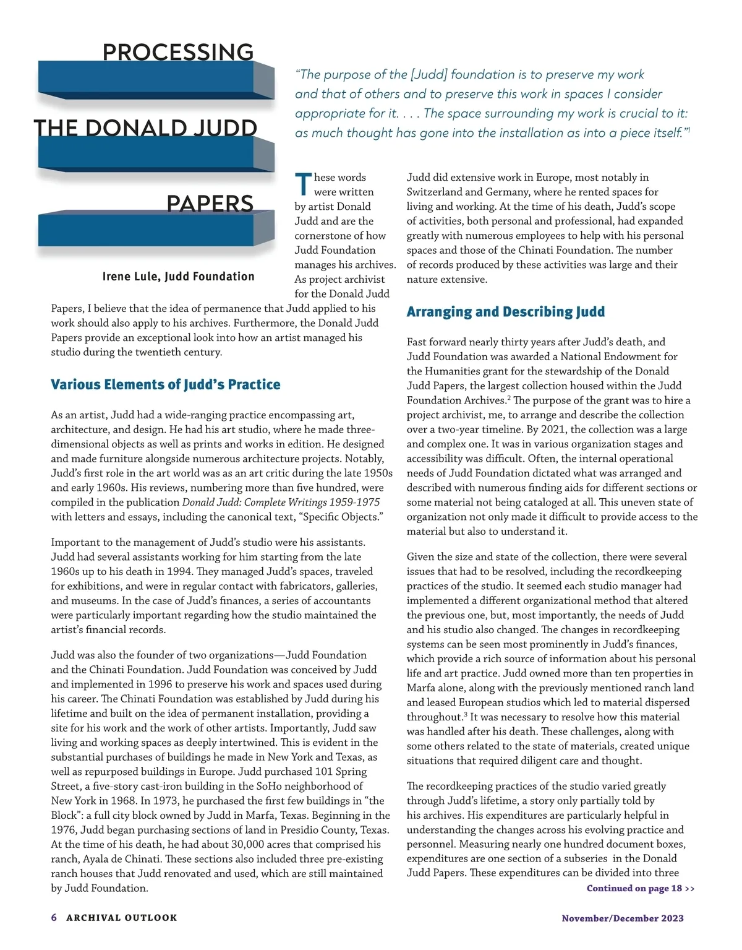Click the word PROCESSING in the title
(178, 52)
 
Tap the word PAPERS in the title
(210, 204)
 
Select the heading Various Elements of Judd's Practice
(165, 385)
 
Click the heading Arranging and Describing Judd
(505, 312)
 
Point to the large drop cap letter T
(303, 184)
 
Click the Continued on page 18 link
(640, 889)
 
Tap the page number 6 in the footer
(54, 918)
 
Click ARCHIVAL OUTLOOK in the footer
(122, 918)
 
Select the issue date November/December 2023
(622, 918)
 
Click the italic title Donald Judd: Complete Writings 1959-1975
(281, 503)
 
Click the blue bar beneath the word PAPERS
(148, 231)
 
